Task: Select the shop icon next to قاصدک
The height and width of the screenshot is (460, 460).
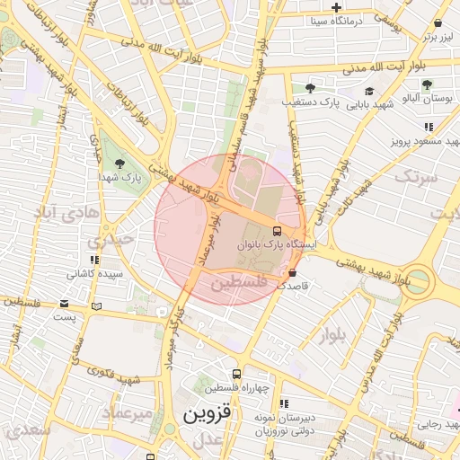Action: (x=292, y=273)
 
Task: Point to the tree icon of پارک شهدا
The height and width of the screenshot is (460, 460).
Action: (x=120, y=163)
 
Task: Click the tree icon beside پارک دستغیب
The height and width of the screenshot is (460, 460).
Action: (x=310, y=88)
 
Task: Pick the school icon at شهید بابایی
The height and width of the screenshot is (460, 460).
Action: (x=369, y=91)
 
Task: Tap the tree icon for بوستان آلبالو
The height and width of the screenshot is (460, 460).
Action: (x=426, y=84)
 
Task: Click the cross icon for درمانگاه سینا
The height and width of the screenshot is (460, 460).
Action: (x=336, y=7)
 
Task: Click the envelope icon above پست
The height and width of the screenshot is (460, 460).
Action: (x=64, y=304)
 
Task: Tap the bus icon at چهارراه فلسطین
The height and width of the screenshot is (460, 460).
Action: (x=236, y=374)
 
